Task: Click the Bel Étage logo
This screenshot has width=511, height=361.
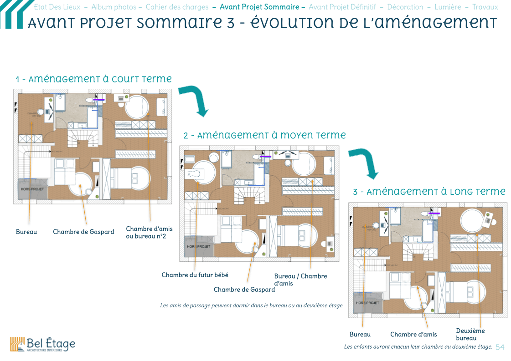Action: (x=42, y=344)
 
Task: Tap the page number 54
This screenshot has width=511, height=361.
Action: (x=500, y=347)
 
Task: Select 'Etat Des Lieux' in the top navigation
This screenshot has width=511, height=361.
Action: (x=57, y=7)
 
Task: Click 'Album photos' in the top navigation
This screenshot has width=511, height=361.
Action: (x=114, y=7)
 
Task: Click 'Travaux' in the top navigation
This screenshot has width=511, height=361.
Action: (x=485, y=7)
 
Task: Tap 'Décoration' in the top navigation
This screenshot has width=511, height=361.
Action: (x=405, y=7)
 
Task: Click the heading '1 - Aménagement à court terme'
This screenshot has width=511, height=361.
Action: (x=94, y=79)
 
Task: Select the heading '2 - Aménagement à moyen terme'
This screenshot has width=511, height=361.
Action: (x=264, y=135)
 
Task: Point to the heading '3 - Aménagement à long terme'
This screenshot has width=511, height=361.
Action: (x=429, y=192)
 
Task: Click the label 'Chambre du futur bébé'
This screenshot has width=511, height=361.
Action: (x=195, y=275)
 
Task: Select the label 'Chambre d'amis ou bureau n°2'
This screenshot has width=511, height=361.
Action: (x=149, y=232)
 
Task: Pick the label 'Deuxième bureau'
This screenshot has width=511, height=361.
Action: (x=470, y=334)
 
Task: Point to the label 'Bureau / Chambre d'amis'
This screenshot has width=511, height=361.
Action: (x=300, y=280)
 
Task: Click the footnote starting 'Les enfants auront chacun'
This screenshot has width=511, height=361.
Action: (x=418, y=347)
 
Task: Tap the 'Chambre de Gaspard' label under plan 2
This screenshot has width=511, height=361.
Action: (x=244, y=290)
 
